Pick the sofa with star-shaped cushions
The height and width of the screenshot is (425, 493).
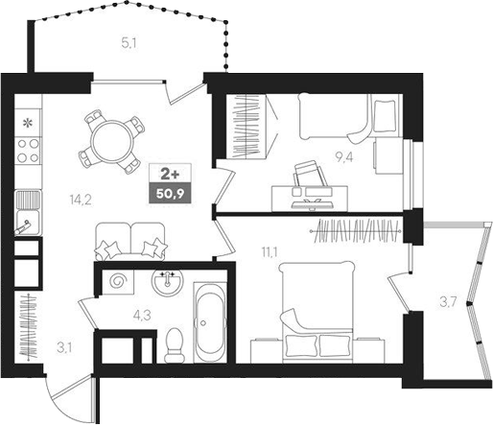coord(129,240)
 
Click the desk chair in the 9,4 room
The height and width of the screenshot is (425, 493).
coord(308,177)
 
